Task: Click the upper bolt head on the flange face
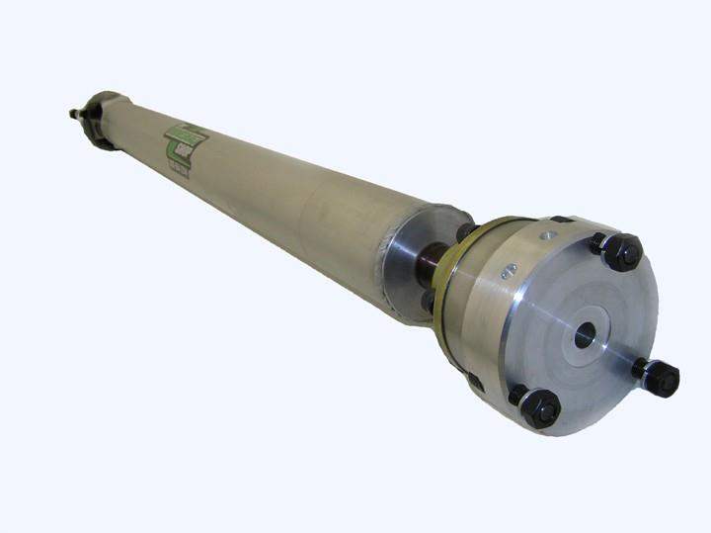pyautogui.click(x=622, y=252)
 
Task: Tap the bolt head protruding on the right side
pyautogui.click(x=661, y=378)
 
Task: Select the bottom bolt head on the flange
pyautogui.click(x=540, y=407)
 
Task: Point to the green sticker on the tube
pyautogui.click(x=186, y=145)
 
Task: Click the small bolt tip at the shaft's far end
pyautogui.click(x=74, y=113)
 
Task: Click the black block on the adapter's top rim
pyautogui.click(x=560, y=220)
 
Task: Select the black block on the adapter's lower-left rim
pyautogui.click(x=473, y=379)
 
